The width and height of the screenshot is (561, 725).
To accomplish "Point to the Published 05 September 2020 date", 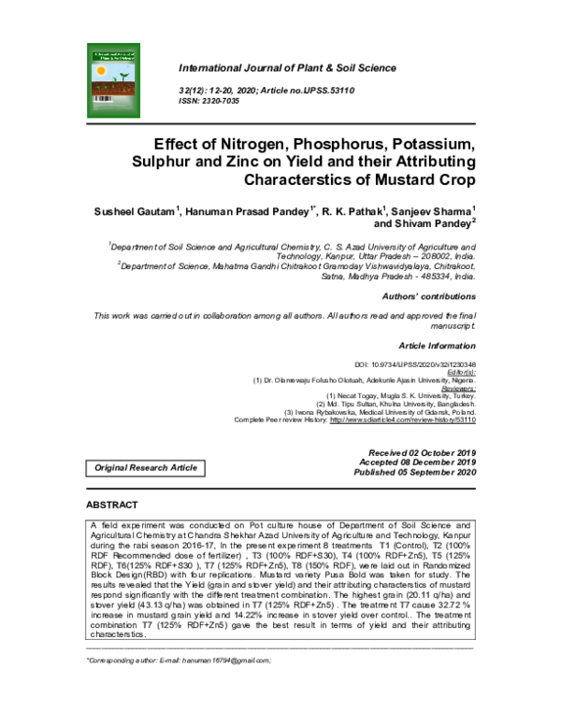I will [x=418, y=472].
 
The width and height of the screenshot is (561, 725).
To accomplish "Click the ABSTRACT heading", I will [x=112, y=505].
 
